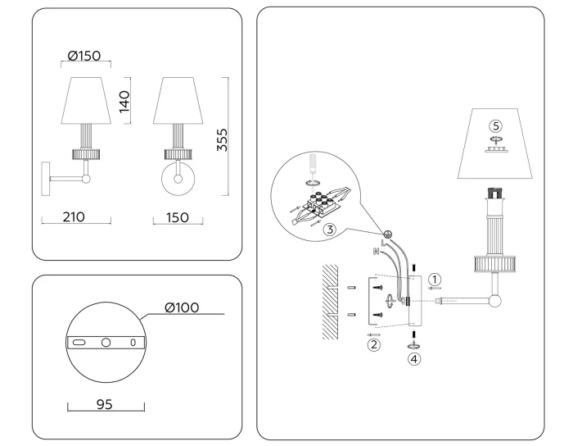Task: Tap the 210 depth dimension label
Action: click(x=75, y=217)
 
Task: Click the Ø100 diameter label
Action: click(x=183, y=307)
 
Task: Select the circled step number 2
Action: click(x=373, y=345)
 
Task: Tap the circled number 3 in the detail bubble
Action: click(x=329, y=230)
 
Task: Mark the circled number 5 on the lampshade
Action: click(x=494, y=125)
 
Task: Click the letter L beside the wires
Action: click(x=382, y=241)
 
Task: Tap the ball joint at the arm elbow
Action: click(x=494, y=302)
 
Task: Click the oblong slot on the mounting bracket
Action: click(x=79, y=341)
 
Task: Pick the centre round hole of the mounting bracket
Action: click(x=106, y=341)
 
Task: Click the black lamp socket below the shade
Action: click(x=494, y=194)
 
